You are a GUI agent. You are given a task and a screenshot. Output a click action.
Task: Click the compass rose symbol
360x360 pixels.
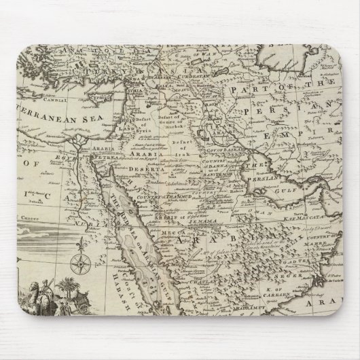tap(82, 263)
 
